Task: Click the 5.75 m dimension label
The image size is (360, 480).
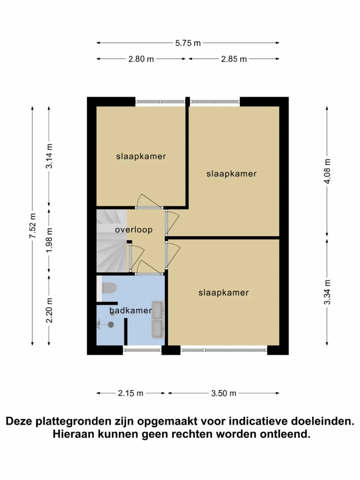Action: (188, 43)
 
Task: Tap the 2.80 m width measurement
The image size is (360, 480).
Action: (141, 59)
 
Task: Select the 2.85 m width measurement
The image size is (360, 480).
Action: (234, 59)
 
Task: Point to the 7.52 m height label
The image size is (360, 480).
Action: (33, 226)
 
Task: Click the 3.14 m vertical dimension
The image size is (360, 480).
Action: (49, 156)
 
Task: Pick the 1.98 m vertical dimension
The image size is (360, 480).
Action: (49, 240)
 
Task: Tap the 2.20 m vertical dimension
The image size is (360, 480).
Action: (49, 310)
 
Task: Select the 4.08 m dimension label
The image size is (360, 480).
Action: (327, 171)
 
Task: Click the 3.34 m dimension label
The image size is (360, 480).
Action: (327, 292)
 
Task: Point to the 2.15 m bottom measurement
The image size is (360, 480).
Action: (130, 393)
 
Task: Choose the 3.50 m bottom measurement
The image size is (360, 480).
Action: (223, 393)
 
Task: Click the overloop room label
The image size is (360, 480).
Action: (133, 229)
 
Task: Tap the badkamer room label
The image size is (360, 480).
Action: (130, 310)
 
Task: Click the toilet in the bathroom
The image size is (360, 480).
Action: (109, 288)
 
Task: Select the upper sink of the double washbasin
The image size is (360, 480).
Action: (158, 310)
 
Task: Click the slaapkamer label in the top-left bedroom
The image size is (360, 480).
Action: (141, 157)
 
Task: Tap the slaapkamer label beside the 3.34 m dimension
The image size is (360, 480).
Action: (223, 292)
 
